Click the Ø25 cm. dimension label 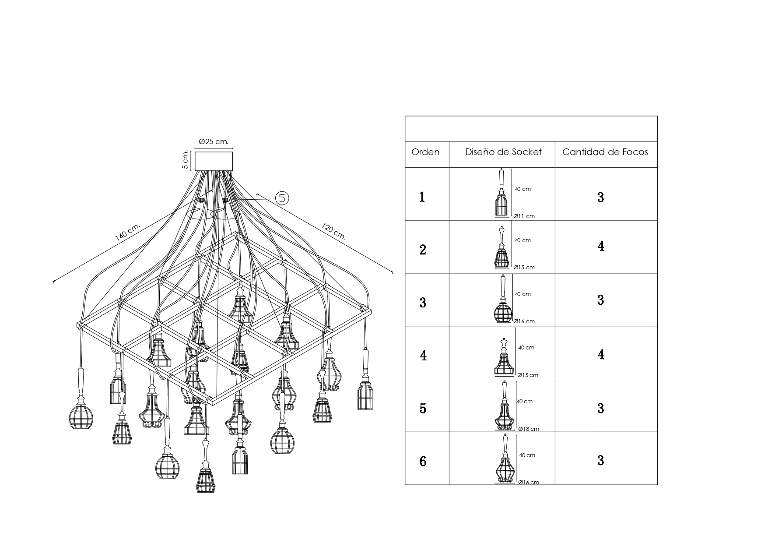(214, 142)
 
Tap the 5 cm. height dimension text (186, 160)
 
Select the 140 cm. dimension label (127, 232)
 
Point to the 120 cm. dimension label (334, 232)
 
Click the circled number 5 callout (282, 198)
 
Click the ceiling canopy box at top (214, 161)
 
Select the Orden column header (425, 152)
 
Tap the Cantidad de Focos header (605, 152)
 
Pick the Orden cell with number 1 (422, 197)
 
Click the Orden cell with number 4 (423, 355)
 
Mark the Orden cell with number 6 (423, 461)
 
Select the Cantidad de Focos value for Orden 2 (601, 246)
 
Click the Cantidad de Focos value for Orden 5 (601, 408)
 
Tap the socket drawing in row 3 (503, 300)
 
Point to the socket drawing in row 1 (501, 193)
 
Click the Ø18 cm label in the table (528, 429)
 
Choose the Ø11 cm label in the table (524, 216)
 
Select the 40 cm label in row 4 (526, 348)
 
